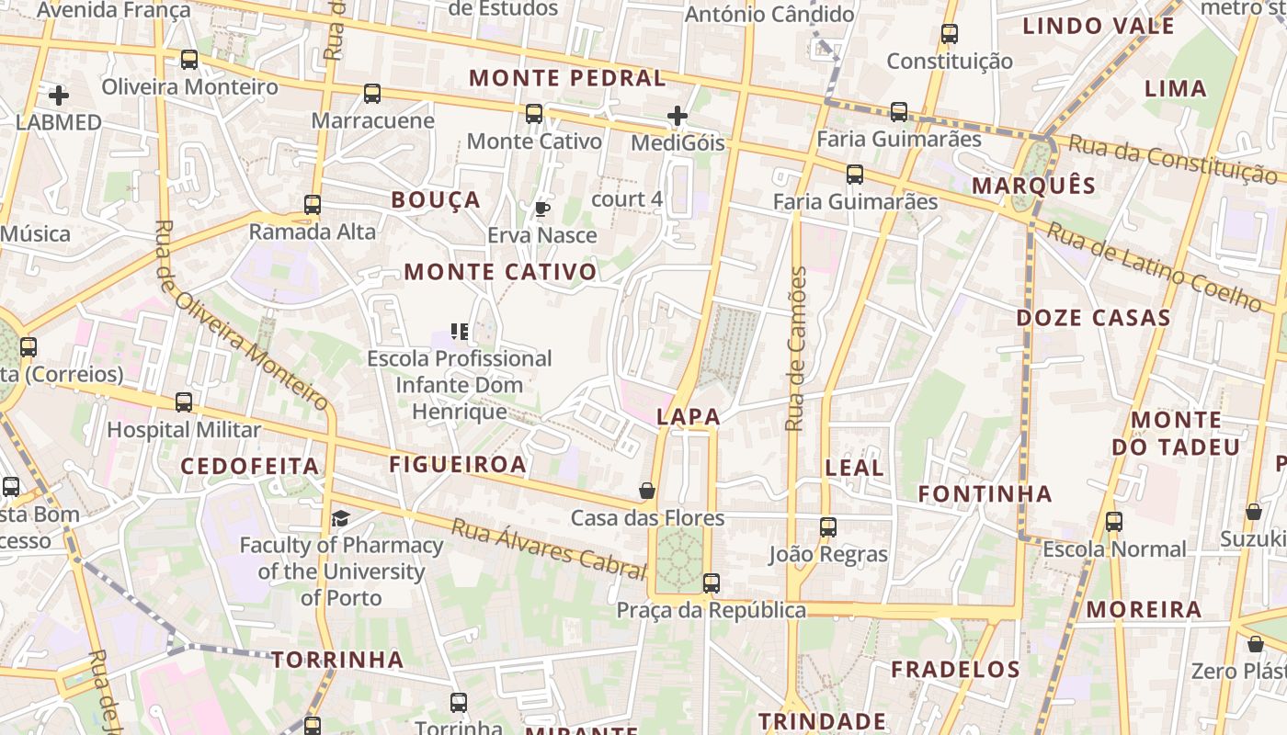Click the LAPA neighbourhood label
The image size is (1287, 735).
[x=689, y=417]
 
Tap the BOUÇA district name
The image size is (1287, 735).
[x=436, y=200]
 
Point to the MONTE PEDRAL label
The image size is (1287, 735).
[x=567, y=78]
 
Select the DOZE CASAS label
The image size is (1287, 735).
[x=1093, y=319]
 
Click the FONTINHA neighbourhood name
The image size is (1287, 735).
[x=985, y=494]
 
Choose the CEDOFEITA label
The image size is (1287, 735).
[x=249, y=466]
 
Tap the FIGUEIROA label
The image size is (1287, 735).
[x=458, y=464]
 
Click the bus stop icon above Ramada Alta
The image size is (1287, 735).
[x=313, y=205]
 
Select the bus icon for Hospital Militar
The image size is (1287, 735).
[x=184, y=402]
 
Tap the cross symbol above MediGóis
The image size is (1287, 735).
[x=678, y=116]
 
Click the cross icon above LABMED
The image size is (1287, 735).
[x=59, y=95]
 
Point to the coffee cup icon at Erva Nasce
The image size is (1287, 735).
[x=542, y=209]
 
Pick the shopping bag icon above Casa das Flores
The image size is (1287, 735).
[x=647, y=491]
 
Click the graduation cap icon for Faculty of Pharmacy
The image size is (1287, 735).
[x=340, y=519]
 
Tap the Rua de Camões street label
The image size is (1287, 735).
[x=796, y=349]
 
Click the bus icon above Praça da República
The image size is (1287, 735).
[x=711, y=583]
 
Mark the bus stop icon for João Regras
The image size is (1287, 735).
[x=828, y=527]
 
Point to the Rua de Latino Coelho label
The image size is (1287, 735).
[x=1155, y=266]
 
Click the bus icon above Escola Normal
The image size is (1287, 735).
[x=1114, y=522]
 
